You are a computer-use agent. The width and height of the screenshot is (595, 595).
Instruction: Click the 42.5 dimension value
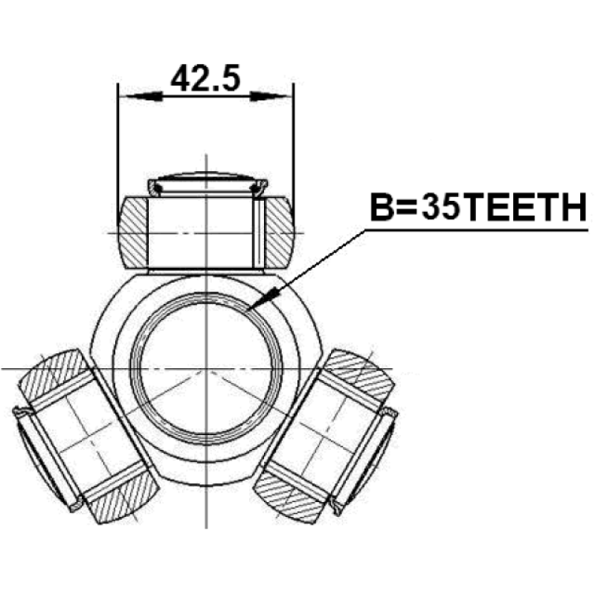(x=206, y=78)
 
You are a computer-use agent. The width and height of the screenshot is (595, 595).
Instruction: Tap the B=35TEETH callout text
(x=478, y=208)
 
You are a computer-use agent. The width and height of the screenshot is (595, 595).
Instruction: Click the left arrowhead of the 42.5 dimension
(x=141, y=97)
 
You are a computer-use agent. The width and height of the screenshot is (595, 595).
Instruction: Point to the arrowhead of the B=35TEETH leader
(x=263, y=298)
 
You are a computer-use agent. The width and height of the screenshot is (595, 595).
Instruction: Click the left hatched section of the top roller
(x=133, y=232)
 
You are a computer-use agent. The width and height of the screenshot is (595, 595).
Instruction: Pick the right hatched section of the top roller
(x=280, y=232)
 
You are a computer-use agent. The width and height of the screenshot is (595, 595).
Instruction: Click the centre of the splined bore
(x=206, y=368)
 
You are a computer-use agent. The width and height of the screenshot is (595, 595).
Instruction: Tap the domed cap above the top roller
(x=207, y=178)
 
